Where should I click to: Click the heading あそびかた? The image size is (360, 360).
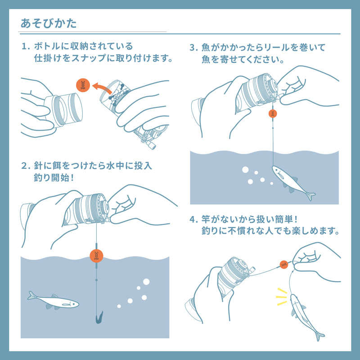[49, 23]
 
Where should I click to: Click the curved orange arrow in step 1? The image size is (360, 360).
[103, 85]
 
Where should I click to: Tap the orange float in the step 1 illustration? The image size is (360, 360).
[82, 85]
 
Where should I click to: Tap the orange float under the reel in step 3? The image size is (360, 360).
[273, 113]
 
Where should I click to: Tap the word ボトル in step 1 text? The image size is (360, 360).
[47, 46]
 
